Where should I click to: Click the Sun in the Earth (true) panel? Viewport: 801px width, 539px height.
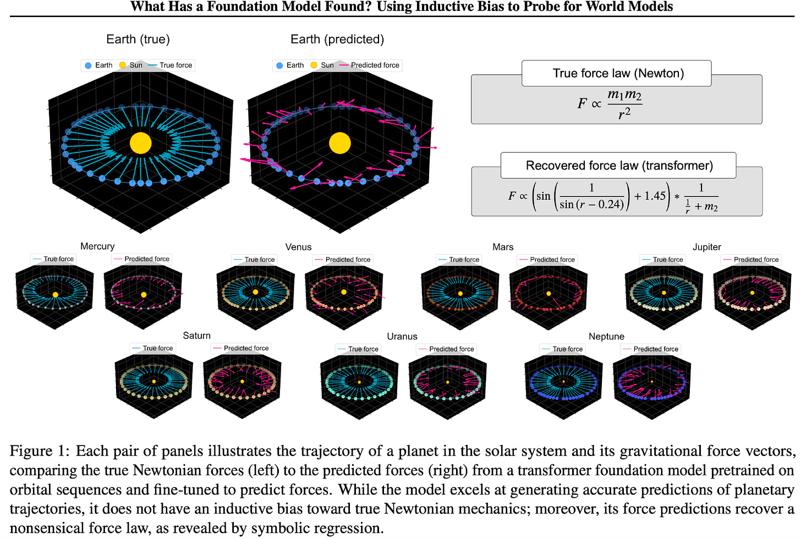(x=140, y=143)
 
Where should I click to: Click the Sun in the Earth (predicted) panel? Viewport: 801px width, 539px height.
(x=339, y=143)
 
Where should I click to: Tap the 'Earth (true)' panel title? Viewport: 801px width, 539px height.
(x=138, y=40)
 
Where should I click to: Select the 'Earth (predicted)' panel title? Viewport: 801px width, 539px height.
(x=337, y=40)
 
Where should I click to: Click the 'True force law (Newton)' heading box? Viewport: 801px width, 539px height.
(x=618, y=74)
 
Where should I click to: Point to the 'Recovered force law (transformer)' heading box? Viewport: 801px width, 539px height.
(x=619, y=166)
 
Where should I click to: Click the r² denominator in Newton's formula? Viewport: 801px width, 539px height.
(x=624, y=114)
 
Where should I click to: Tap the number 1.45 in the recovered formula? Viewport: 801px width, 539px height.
(x=655, y=196)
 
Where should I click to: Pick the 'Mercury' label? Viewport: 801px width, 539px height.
(x=97, y=246)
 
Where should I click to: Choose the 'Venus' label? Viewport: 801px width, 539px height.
(x=298, y=247)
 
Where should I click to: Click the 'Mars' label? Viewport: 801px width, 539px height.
(x=503, y=247)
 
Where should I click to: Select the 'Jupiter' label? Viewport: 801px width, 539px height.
(x=706, y=247)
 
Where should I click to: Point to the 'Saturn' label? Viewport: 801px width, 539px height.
(x=196, y=335)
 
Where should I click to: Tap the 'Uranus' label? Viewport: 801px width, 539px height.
(x=402, y=336)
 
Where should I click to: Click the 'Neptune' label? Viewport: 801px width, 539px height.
(x=606, y=336)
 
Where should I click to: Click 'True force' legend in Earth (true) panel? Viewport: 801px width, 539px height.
(x=175, y=65)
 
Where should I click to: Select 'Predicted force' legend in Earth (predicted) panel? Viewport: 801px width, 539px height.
(x=375, y=65)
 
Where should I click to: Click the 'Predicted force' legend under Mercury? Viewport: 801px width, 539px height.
(x=146, y=259)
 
